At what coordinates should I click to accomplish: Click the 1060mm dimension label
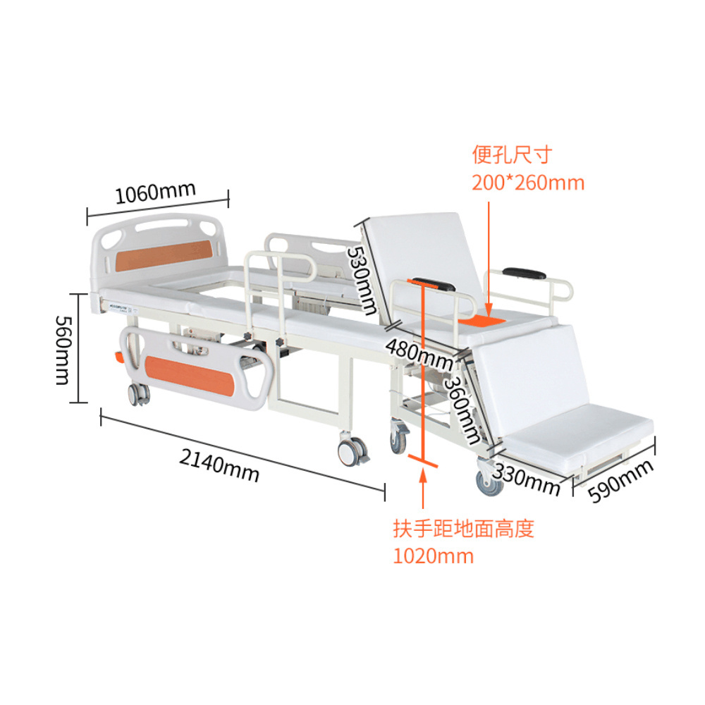click(x=156, y=191)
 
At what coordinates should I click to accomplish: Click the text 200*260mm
click(x=528, y=183)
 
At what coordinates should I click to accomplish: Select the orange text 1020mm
click(x=433, y=556)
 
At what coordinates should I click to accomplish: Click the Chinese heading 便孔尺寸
click(x=512, y=154)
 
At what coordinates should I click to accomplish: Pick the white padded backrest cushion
click(x=423, y=254)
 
